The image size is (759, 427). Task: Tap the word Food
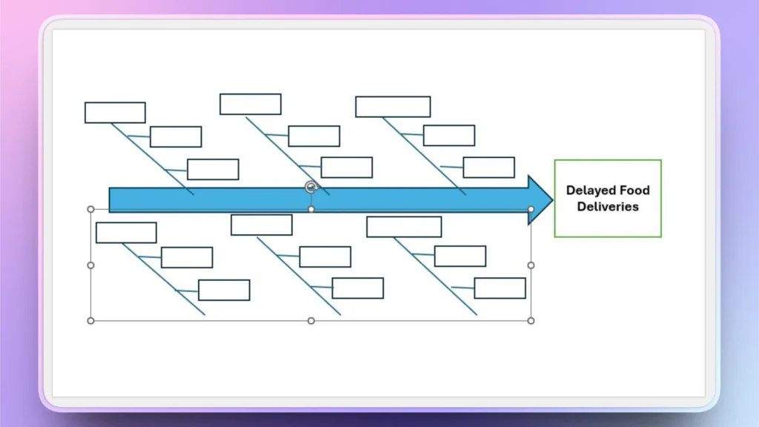pyautogui.click(x=634, y=191)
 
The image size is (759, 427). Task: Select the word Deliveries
pyautogui.click(x=608, y=207)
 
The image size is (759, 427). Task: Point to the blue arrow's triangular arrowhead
pyautogui.click(x=540, y=199)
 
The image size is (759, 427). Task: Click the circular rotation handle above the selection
pyautogui.click(x=311, y=188)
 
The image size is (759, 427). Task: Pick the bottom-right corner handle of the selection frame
pyautogui.click(x=531, y=320)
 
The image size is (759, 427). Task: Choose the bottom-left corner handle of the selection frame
pyautogui.click(x=91, y=320)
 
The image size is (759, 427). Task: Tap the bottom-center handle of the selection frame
pyautogui.click(x=311, y=320)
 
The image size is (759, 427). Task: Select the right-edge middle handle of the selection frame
pyautogui.click(x=531, y=265)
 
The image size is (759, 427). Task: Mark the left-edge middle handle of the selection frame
pyautogui.click(x=91, y=265)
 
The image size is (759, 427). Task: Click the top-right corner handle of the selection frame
pyautogui.click(x=531, y=210)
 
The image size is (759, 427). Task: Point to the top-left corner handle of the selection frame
pyautogui.click(x=91, y=210)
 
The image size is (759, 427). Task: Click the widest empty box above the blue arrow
pyautogui.click(x=393, y=107)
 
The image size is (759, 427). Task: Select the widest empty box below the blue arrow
pyautogui.click(x=404, y=227)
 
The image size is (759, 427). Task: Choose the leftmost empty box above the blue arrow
pyautogui.click(x=115, y=113)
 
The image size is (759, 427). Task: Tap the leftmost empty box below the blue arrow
pyautogui.click(x=126, y=233)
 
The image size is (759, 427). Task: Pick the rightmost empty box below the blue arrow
pyautogui.click(x=500, y=288)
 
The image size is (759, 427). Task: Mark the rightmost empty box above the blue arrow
pyautogui.click(x=488, y=168)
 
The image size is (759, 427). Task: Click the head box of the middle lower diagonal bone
pyautogui.click(x=262, y=225)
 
